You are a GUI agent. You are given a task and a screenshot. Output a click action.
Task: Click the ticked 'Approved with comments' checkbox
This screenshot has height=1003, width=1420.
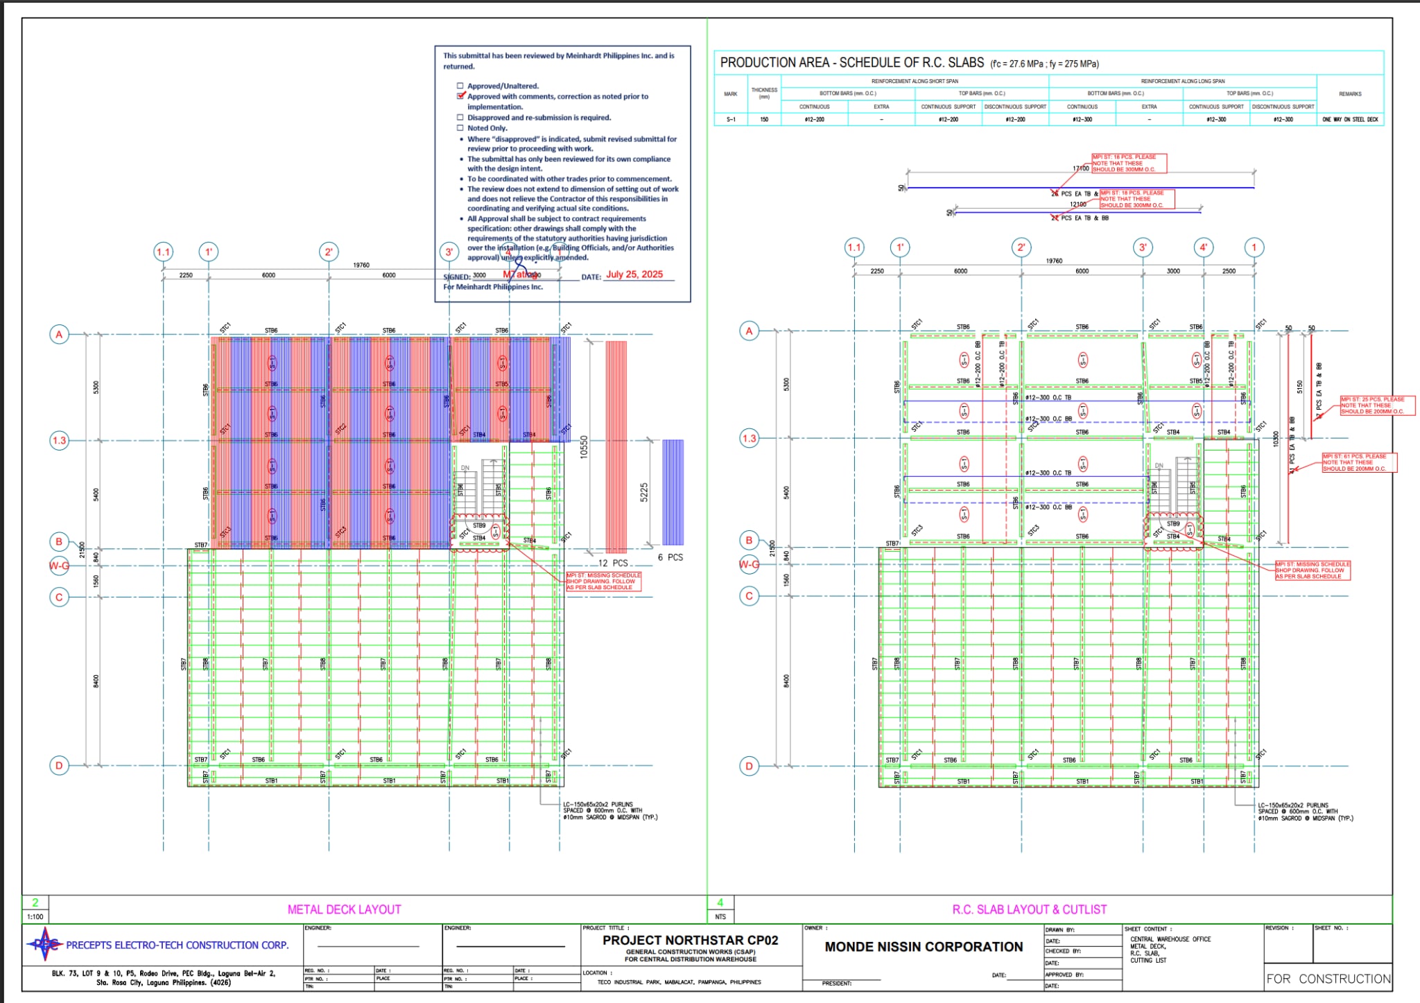(x=460, y=96)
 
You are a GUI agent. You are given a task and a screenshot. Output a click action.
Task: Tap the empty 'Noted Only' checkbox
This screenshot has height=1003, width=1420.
(x=460, y=128)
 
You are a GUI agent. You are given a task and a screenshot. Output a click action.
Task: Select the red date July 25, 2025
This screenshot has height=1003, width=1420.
(x=634, y=274)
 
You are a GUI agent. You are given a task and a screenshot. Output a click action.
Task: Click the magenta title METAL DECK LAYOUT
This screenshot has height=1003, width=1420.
(x=344, y=909)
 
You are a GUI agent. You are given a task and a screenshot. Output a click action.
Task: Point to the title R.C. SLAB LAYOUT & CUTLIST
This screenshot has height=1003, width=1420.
(x=1029, y=909)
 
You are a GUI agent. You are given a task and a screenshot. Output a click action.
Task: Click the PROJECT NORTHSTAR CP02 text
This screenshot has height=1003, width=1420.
(x=690, y=941)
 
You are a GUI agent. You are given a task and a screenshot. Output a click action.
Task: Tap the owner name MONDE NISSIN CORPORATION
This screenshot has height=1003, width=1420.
(x=924, y=947)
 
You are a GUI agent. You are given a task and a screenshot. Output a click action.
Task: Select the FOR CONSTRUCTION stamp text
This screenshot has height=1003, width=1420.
(x=1328, y=979)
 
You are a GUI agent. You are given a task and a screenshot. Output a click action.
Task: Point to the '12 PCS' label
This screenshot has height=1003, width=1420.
(x=613, y=563)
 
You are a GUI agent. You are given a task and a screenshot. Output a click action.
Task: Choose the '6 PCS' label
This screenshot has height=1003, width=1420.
(x=670, y=557)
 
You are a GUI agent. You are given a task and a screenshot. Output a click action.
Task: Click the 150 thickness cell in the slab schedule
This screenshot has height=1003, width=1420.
(x=764, y=119)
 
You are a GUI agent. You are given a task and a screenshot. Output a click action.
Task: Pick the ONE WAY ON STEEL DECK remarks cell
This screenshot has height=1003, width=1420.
(x=1350, y=119)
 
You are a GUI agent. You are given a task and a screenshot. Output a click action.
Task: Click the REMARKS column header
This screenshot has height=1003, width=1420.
(x=1350, y=94)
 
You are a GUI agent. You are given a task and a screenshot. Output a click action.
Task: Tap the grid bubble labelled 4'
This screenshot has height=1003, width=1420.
(x=1204, y=247)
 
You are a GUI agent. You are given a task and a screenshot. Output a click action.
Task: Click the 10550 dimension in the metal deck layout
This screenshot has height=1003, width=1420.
(x=584, y=447)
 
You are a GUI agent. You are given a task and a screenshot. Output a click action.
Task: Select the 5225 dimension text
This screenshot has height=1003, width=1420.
(x=644, y=492)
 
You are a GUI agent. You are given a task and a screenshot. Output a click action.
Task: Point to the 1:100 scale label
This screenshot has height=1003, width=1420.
(x=35, y=916)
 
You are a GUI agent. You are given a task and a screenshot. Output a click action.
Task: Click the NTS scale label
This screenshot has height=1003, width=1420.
(x=720, y=916)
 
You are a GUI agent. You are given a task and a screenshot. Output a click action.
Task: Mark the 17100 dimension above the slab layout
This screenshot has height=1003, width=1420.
(x=1080, y=168)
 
